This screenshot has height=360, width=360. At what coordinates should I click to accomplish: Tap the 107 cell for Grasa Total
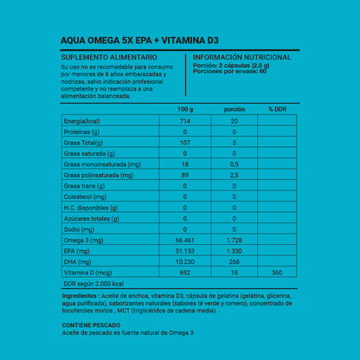click(185, 142)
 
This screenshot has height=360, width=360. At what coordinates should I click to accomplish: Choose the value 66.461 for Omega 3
click(185, 239)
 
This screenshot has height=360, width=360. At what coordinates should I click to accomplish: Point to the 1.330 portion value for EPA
click(234, 250)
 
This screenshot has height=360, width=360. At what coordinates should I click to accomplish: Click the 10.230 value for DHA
click(185, 261)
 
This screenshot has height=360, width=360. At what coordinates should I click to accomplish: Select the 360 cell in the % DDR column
click(276, 273)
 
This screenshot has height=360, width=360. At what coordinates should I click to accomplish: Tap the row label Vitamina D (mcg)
click(89, 273)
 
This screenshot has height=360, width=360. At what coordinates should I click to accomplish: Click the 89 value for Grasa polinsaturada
click(185, 174)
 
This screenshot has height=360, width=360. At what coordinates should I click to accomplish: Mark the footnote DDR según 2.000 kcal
click(94, 284)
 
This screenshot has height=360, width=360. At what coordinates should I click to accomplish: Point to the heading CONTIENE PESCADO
click(93, 325)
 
